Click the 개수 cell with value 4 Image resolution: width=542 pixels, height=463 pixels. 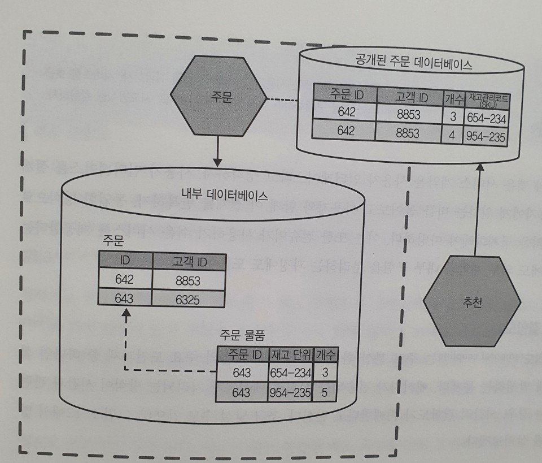[452, 135]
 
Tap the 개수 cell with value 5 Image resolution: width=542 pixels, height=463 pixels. [324, 391]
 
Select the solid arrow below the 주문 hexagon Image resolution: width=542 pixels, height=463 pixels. [218, 150]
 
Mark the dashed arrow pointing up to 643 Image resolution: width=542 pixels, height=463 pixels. [125, 339]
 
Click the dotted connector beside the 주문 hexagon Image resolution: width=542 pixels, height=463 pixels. [281, 100]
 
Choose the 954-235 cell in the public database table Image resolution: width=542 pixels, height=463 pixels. [485, 136]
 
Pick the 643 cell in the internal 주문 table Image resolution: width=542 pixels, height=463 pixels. [125, 299]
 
